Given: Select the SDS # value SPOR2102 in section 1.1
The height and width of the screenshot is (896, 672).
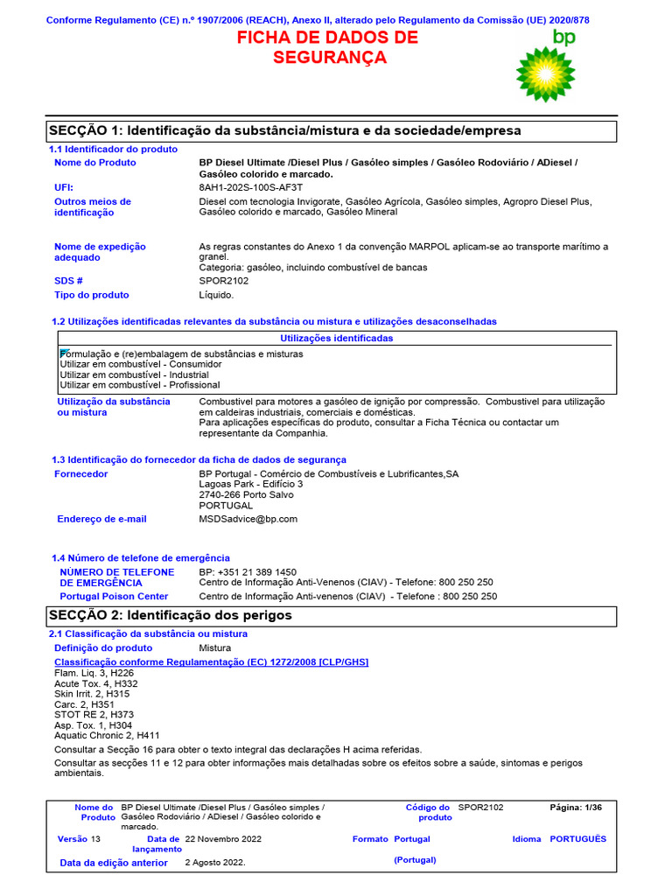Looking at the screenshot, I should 224,281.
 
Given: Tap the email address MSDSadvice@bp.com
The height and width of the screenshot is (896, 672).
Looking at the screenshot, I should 248,519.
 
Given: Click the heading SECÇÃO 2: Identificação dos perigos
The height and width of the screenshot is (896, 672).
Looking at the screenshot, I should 171,616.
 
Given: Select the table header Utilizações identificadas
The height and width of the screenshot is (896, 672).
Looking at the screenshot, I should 337,339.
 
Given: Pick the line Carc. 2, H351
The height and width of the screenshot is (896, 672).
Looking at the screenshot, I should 84,704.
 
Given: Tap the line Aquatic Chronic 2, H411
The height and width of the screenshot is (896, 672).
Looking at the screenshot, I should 107,736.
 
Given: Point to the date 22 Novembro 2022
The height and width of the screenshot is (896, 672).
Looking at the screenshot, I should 223,839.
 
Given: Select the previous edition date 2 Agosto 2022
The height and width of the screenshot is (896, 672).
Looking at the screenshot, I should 215,862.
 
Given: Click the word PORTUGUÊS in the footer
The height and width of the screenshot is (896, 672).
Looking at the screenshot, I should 577,839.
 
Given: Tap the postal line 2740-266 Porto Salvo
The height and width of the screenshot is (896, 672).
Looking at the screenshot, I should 247,494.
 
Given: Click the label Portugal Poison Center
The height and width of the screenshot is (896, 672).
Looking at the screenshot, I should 114,596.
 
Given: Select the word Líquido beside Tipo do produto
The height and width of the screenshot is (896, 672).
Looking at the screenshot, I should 217,295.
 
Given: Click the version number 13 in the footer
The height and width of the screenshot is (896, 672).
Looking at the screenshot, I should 96,839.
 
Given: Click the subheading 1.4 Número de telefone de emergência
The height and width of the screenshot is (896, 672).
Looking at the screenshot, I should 141,557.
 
